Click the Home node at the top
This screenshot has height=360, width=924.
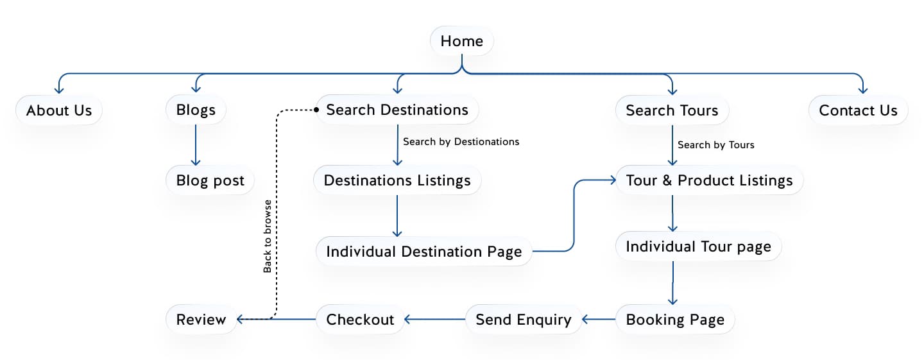[461, 42]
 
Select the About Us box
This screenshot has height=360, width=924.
[59, 110]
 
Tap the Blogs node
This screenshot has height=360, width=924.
[196, 110]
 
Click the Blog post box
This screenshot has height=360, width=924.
[210, 181]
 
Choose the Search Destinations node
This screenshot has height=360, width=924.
[397, 110]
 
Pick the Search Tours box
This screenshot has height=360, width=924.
[672, 110]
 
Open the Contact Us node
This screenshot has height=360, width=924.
[858, 110]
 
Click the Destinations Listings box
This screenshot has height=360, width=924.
[397, 181]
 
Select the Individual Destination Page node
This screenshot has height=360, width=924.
[424, 252]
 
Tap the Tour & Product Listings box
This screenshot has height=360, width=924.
[709, 181]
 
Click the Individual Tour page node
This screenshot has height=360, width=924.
[698, 247]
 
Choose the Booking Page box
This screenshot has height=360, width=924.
[675, 320]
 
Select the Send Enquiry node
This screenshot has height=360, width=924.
[523, 320]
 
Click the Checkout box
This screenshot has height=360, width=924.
[360, 320]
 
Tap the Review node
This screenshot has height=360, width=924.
[201, 320]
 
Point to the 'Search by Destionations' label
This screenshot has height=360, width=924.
[461, 141]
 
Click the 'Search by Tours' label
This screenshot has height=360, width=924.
[715, 145]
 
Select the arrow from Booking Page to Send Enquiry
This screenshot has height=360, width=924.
[599, 319]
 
